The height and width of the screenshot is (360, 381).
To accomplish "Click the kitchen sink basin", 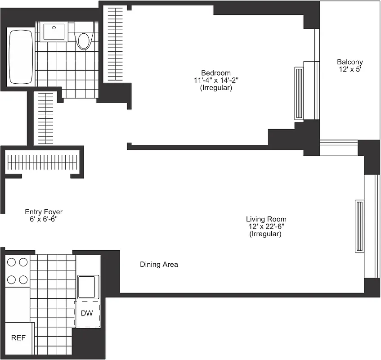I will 88,287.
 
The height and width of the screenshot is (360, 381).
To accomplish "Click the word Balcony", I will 350,62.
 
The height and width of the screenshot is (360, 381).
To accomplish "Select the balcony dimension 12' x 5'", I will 350,70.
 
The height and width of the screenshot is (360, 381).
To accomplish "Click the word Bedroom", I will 215,73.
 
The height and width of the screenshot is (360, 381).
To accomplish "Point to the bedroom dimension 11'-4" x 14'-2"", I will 215,81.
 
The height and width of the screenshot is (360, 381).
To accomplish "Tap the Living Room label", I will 266,219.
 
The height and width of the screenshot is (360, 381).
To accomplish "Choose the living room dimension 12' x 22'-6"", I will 266,227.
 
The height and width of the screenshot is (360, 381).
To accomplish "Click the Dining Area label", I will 159,264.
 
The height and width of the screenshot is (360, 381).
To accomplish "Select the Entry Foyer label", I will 44,211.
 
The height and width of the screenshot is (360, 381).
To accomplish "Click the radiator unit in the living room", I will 359,226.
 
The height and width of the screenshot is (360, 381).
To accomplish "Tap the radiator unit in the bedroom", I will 299,93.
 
